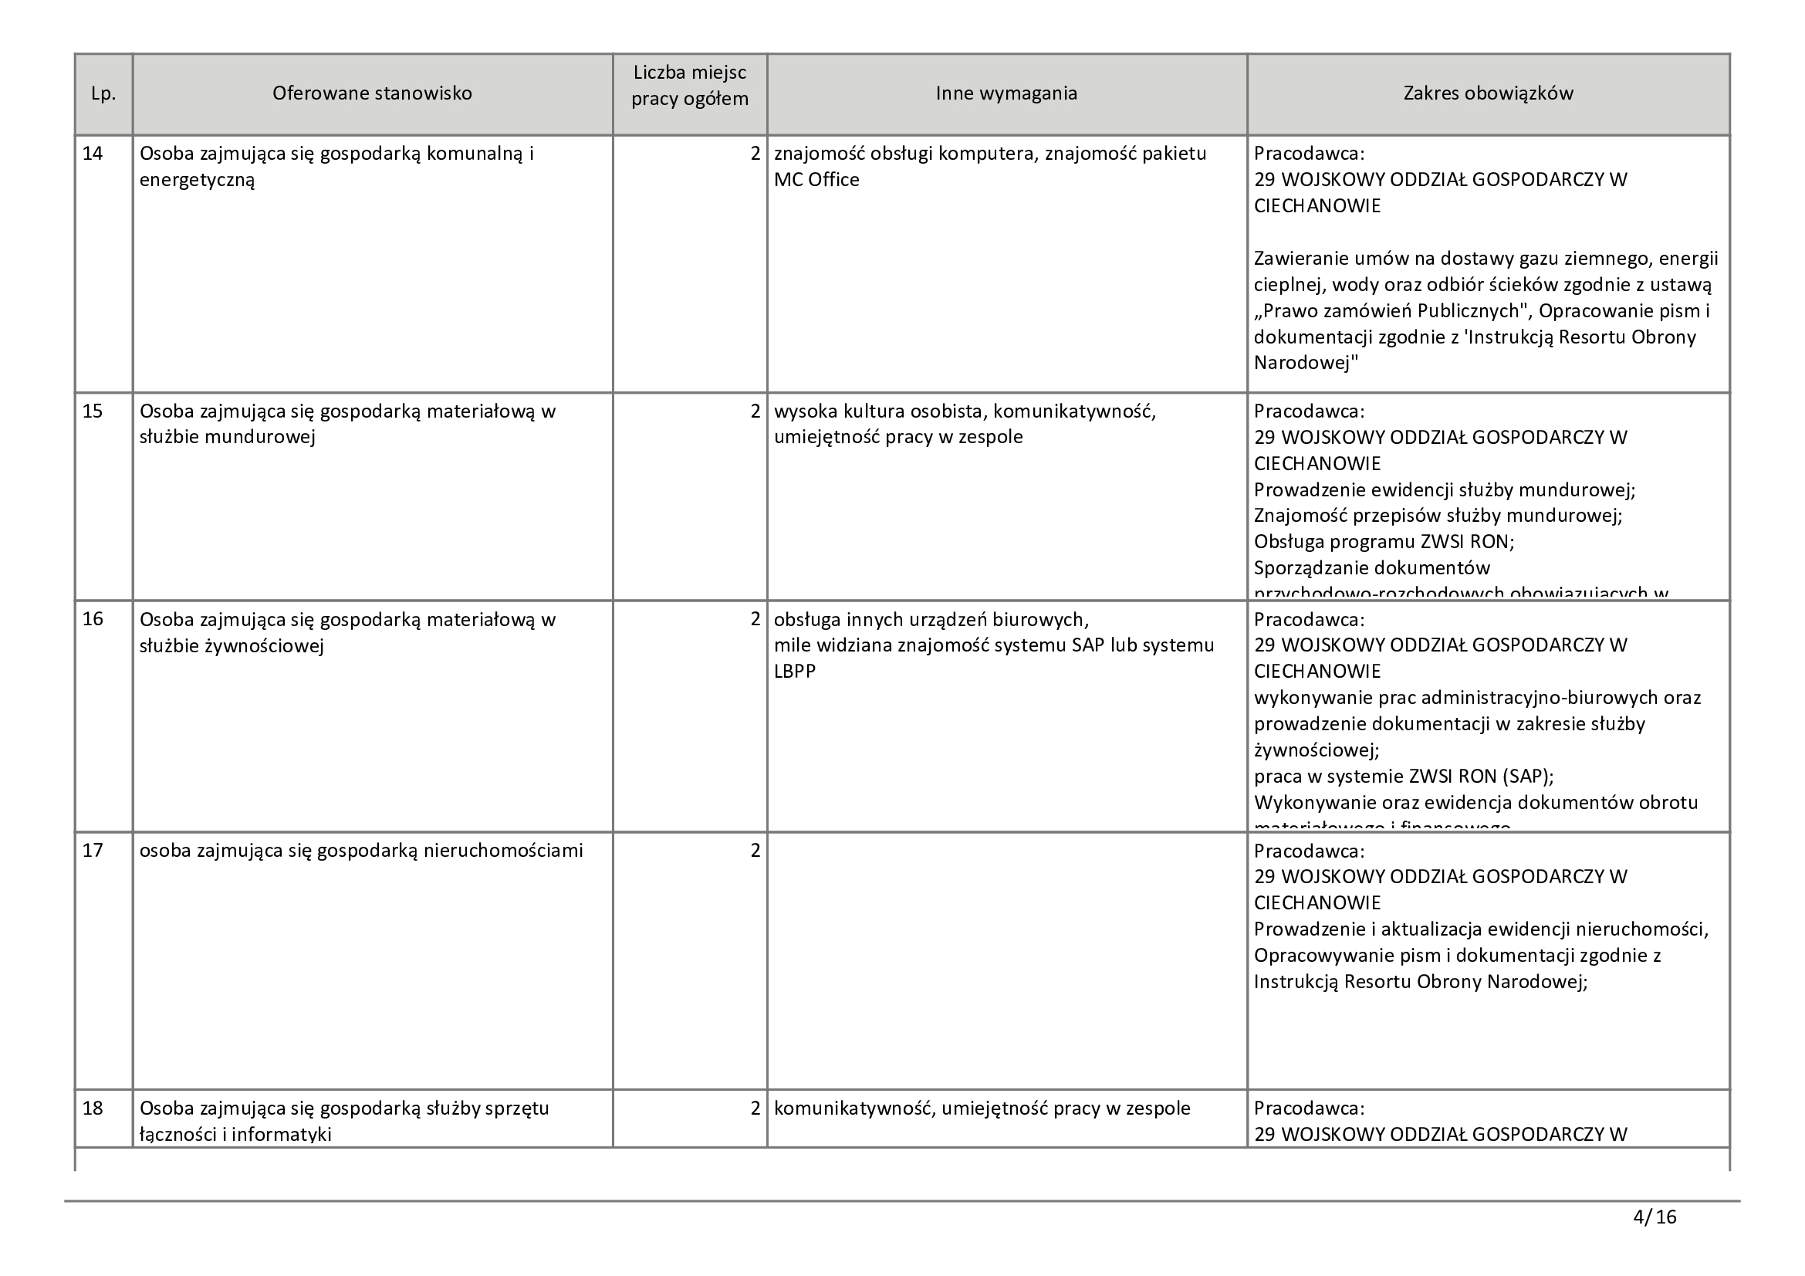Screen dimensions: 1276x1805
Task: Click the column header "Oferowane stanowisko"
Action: pos(372,93)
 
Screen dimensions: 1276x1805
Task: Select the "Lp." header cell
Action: pos(103,93)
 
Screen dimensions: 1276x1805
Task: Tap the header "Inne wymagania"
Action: pos(1006,93)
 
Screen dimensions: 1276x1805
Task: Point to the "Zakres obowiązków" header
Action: pos(1488,93)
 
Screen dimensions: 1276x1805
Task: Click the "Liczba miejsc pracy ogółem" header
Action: pos(689,86)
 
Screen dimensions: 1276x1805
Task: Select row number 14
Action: pos(93,154)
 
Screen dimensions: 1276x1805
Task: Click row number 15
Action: pos(93,411)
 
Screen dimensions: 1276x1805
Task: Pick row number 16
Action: pos(93,620)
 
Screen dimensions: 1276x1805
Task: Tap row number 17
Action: pos(93,851)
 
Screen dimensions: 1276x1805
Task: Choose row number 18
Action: pos(93,1108)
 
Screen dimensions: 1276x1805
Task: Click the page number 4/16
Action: pos(1654,1218)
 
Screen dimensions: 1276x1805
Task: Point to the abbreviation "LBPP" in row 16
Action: pos(795,672)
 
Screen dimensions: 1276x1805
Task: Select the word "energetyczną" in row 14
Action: pos(198,180)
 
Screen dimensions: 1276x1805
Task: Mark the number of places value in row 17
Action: pos(755,851)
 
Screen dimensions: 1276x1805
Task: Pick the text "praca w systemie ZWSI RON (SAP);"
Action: pos(1404,777)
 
